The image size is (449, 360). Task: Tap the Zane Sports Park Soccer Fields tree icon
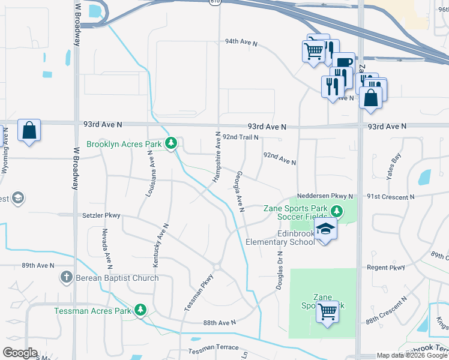coord(337,210)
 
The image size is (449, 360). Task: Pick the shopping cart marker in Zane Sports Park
coord(327,311)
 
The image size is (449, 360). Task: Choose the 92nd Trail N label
coord(240,137)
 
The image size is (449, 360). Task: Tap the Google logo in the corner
coord(20,353)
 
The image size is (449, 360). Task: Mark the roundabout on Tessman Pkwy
coord(217,267)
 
